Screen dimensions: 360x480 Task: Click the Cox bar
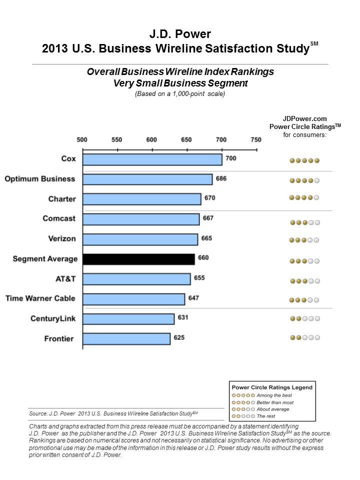tap(152, 159)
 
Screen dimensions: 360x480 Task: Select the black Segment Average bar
tap(138, 259)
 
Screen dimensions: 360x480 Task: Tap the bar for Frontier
tap(126, 339)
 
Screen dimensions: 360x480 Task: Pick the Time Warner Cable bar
tap(134, 299)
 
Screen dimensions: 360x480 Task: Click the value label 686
tap(221, 178)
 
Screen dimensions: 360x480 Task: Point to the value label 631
tap(183, 317)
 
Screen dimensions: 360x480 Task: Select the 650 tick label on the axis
tap(186, 140)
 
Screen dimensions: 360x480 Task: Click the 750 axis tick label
tap(256, 140)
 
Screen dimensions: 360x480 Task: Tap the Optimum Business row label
tap(40, 179)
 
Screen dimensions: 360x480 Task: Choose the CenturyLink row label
tap(53, 318)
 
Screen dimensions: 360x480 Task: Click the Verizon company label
tap(62, 238)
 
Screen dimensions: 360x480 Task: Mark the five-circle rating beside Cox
tap(304, 160)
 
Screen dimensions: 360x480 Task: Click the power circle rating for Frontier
tap(305, 337)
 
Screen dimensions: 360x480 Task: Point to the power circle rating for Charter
tap(304, 197)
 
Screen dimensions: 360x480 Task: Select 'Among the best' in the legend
tap(274, 395)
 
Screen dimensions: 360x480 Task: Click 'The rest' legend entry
tap(265, 416)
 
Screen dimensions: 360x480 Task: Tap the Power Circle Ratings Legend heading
tap(272, 387)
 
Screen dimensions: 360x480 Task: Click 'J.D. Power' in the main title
tap(180, 34)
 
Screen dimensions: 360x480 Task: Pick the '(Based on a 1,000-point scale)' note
tap(180, 93)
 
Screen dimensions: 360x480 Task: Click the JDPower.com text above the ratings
tap(304, 119)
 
